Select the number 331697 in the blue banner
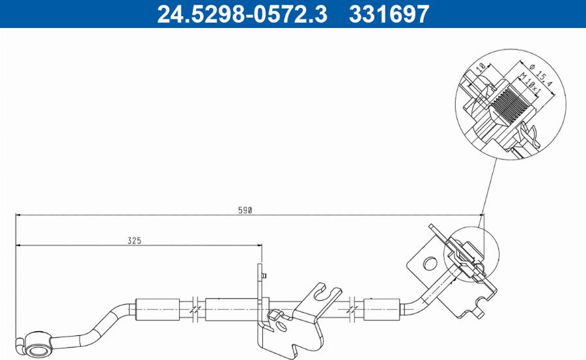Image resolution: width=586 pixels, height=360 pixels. click(389, 14)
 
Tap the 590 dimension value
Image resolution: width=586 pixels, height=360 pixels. click(244, 210)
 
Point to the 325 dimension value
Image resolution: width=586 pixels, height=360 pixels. click(134, 240)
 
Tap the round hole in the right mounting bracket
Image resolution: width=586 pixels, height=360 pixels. click(428, 264)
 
